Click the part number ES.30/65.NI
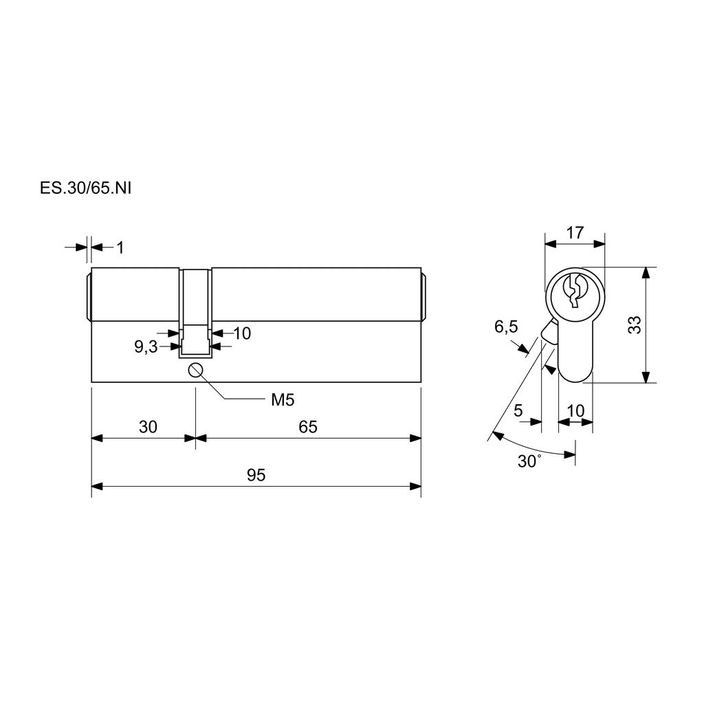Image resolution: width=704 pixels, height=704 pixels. point(85,188)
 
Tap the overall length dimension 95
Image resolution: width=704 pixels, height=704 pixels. point(256,474)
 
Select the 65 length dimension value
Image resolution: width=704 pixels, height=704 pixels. point(308,426)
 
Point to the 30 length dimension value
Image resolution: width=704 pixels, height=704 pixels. point(148,426)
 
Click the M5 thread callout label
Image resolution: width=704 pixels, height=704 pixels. point(283,399)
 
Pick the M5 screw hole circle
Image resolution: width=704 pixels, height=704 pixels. point(196,370)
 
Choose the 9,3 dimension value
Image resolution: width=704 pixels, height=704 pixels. point(146,346)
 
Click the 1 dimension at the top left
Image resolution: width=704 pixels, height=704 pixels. point(120,247)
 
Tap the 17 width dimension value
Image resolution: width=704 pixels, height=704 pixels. point(575,232)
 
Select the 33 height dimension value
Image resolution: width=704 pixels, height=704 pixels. point(634,325)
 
